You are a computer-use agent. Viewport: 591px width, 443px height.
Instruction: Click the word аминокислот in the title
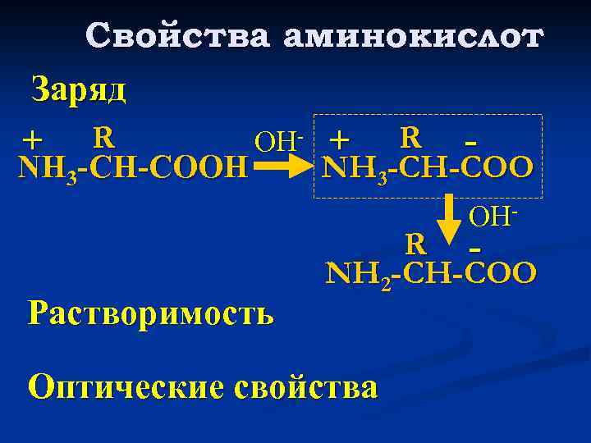click(x=413, y=37)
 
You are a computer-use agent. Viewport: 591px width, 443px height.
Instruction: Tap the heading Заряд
click(x=78, y=89)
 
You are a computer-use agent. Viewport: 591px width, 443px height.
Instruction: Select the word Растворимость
click(x=150, y=313)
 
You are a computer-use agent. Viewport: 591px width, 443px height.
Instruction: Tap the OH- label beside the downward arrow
click(x=492, y=216)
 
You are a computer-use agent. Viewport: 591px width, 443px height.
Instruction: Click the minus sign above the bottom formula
click(x=474, y=245)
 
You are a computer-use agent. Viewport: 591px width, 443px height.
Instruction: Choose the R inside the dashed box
click(x=410, y=135)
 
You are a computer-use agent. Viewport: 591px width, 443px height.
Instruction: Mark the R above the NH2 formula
click(x=415, y=244)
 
